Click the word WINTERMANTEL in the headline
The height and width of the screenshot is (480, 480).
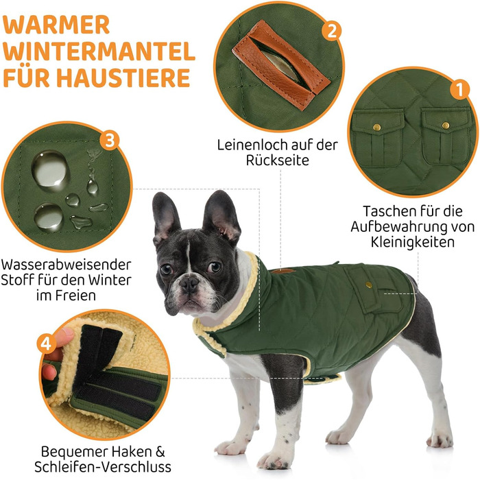[99, 51]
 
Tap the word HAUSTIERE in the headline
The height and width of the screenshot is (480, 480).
[123, 77]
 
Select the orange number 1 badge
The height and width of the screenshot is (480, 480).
[459, 89]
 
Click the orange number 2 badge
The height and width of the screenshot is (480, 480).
[332, 30]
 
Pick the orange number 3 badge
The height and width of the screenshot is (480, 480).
[110, 141]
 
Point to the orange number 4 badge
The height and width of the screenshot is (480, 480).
[46, 344]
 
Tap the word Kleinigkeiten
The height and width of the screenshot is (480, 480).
[413, 242]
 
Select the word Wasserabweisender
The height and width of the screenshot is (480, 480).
[66, 265]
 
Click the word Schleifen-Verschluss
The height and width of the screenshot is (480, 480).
[103, 467]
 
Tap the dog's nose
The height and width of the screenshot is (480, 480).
[189, 283]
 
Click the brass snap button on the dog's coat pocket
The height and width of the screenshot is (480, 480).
[369, 285]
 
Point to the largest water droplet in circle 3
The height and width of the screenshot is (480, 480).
[51, 169]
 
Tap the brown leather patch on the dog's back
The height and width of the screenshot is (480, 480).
[283, 271]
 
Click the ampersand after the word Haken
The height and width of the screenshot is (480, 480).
[160, 451]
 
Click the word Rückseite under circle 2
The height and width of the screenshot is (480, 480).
[278, 160]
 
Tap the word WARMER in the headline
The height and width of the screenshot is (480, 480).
[56, 25]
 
